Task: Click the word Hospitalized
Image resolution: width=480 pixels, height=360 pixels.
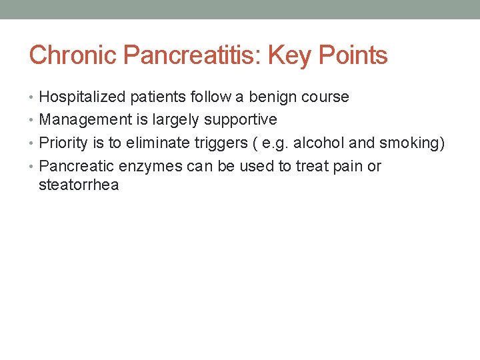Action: tap(83, 97)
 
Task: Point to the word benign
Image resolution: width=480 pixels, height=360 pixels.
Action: tap(273, 97)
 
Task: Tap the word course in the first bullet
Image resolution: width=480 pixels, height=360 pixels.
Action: tap(325, 97)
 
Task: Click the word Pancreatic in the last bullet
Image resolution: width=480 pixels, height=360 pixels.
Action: tap(74, 166)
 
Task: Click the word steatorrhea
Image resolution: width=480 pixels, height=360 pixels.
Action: tap(79, 185)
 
